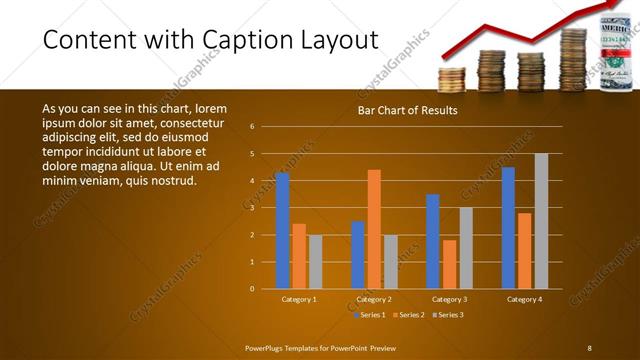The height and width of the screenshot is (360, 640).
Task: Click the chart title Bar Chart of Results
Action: (407, 110)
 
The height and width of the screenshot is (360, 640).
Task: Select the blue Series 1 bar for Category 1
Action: (282, 230)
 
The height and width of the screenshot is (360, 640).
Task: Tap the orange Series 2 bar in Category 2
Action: (374, 229)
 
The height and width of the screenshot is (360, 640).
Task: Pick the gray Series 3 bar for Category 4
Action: (541, 221)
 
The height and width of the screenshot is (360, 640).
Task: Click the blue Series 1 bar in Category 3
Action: (432, 241)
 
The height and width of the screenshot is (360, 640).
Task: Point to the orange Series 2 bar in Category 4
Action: (525, 250)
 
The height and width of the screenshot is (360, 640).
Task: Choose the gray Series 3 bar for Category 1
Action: (315, 261)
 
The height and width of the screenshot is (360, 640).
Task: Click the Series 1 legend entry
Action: (369, 315)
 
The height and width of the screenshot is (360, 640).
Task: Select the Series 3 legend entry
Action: (445, 315)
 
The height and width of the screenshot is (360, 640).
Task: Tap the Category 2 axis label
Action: (373, 299)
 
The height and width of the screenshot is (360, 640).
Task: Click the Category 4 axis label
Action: (524, 299)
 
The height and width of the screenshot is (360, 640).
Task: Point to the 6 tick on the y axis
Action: (253, 127)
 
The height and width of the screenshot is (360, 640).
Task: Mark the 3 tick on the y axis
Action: (253, 208)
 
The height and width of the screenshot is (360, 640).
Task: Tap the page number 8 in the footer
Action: (589, 348)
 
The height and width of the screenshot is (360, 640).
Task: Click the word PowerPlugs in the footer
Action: (266, 348)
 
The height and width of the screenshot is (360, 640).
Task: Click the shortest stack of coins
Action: (453, 79)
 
